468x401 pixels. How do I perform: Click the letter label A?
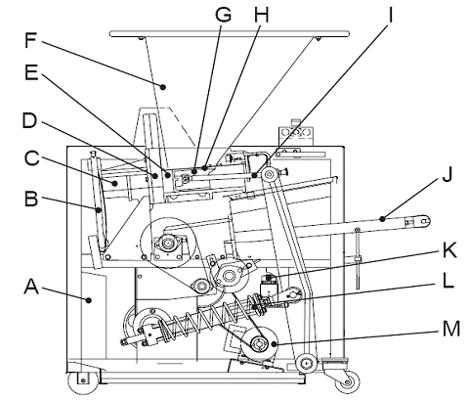coord(31,287)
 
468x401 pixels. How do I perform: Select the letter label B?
coord(31,199)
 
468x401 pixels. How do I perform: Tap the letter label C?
coord(32,157)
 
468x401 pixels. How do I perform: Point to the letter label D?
coord(29,120)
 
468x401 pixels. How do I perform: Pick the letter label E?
coord(31,72)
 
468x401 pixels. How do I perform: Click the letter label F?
coord(30,40)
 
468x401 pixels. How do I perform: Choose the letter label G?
coord(223,15)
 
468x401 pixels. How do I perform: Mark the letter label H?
coord(262,15)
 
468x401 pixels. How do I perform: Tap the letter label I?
coord(390,15)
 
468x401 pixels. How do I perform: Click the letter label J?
coord(447,174)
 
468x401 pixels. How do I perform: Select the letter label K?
coord(449,250)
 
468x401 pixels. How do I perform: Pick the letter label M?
coord(451,329)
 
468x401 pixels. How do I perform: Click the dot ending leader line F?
coord(163,87)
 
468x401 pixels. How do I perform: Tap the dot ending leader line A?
coord(88,300)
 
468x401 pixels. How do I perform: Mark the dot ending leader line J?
coord(383,219)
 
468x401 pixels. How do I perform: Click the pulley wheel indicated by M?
coord(260,344)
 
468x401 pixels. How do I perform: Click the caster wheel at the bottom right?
coord(348,381)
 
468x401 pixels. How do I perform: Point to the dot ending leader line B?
coord(98,210)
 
